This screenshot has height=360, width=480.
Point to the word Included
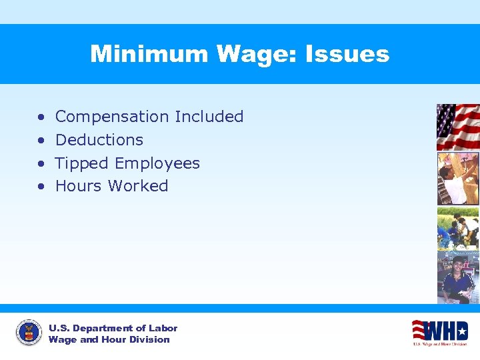[x=209, y=117]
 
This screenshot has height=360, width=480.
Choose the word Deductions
[x=99, y=140]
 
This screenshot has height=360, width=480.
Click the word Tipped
[x=82, y=163]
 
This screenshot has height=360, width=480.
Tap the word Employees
[x=157, y=163]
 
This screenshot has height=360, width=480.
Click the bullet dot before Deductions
[x=41, y=141]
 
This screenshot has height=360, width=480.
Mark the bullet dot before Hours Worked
[x=41, y=187]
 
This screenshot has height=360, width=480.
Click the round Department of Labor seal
[x=29, y=332]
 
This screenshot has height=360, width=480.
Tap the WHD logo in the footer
[x=439, y=331]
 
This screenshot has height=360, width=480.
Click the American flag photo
[x=457, y=127]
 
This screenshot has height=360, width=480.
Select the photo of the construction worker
[x=457, y=178]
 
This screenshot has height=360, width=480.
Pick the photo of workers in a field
[x=457, y=228]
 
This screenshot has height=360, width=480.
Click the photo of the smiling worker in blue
[x=457, y=277]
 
